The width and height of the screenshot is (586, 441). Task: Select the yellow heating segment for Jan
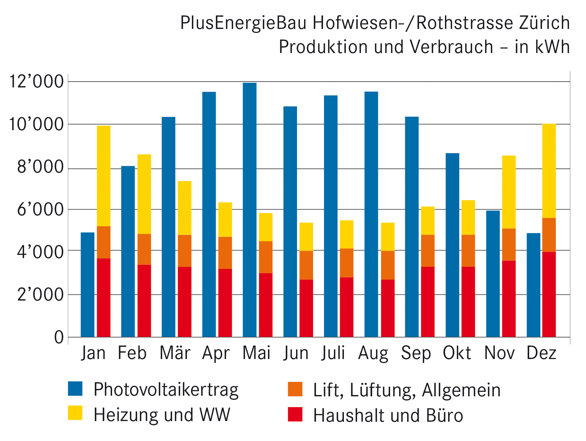(x=104, y=176)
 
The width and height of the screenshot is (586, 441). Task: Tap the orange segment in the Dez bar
(x=549, y=235)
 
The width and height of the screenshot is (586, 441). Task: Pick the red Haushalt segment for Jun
(x=306, y=308)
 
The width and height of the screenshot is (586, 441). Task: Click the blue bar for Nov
(x=493, y=274)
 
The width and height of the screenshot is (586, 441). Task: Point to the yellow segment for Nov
(x=509, y=192)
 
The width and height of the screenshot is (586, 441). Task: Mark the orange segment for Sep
(x=428, y=251)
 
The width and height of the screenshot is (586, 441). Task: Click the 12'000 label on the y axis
(x=36, y=81)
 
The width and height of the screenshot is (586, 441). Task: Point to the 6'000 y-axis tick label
(x=40, y=210)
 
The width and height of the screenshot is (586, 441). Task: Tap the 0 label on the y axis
(x=59, y=337)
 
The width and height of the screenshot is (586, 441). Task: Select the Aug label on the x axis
(x=373, y=353)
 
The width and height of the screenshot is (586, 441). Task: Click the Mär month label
(x=175, y=353)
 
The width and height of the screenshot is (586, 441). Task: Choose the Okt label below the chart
(x=457, y=353)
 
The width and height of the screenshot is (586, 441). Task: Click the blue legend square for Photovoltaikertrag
(x=75, y=388)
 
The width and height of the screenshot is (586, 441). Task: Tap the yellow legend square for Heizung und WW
(x=75, y=413)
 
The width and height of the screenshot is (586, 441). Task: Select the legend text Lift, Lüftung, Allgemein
(x=407, y=390)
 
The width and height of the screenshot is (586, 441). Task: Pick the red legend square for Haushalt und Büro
(x=295, y=414)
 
